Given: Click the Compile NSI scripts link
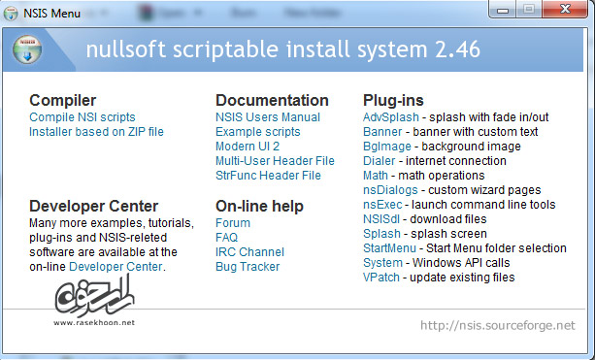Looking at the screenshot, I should (x=81, y=117).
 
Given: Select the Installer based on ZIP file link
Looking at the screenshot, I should (x=96, y=132).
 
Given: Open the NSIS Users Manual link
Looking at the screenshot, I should (x=268, y=117).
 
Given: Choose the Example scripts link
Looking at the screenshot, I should (x=257, y=132).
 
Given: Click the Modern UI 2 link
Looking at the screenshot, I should (x=247, y=147).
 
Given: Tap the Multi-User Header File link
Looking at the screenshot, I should (x=275, y=161).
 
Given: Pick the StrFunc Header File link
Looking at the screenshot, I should (x=268, y=176).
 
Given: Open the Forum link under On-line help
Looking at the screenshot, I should (x=233, y=223).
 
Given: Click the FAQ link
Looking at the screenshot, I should (x=227, y=238).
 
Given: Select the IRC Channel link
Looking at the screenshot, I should (x=249, y=252).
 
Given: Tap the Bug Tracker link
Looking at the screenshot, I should (x=248, y=267).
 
